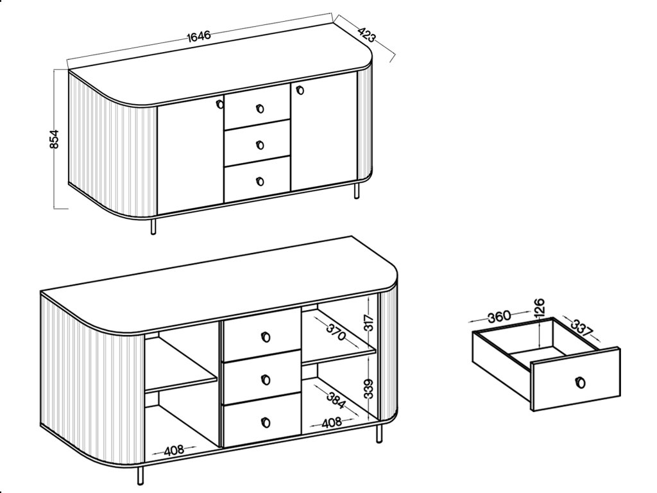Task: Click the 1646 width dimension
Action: (x=199, y=36)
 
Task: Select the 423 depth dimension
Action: (x=366, y=34)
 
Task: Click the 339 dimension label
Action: (x=368, y=388)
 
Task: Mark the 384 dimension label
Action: (x=336, y=401)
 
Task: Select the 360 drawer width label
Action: (x=499, y=316)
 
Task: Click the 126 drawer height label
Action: (x=539, y=307)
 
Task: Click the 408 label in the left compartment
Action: (x=173, y=451)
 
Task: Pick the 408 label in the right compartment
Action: (x=332, y=422)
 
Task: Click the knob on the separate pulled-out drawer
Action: (x=581, y=383)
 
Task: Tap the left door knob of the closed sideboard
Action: (x=219, y=104)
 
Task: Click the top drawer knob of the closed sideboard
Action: (x=260, y=109)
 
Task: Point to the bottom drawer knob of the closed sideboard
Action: (x=260, y=182)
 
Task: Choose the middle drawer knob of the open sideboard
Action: (x=266, y=380)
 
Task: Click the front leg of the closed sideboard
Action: (x=153, y=226)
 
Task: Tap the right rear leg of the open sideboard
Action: (x=379, y=433)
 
